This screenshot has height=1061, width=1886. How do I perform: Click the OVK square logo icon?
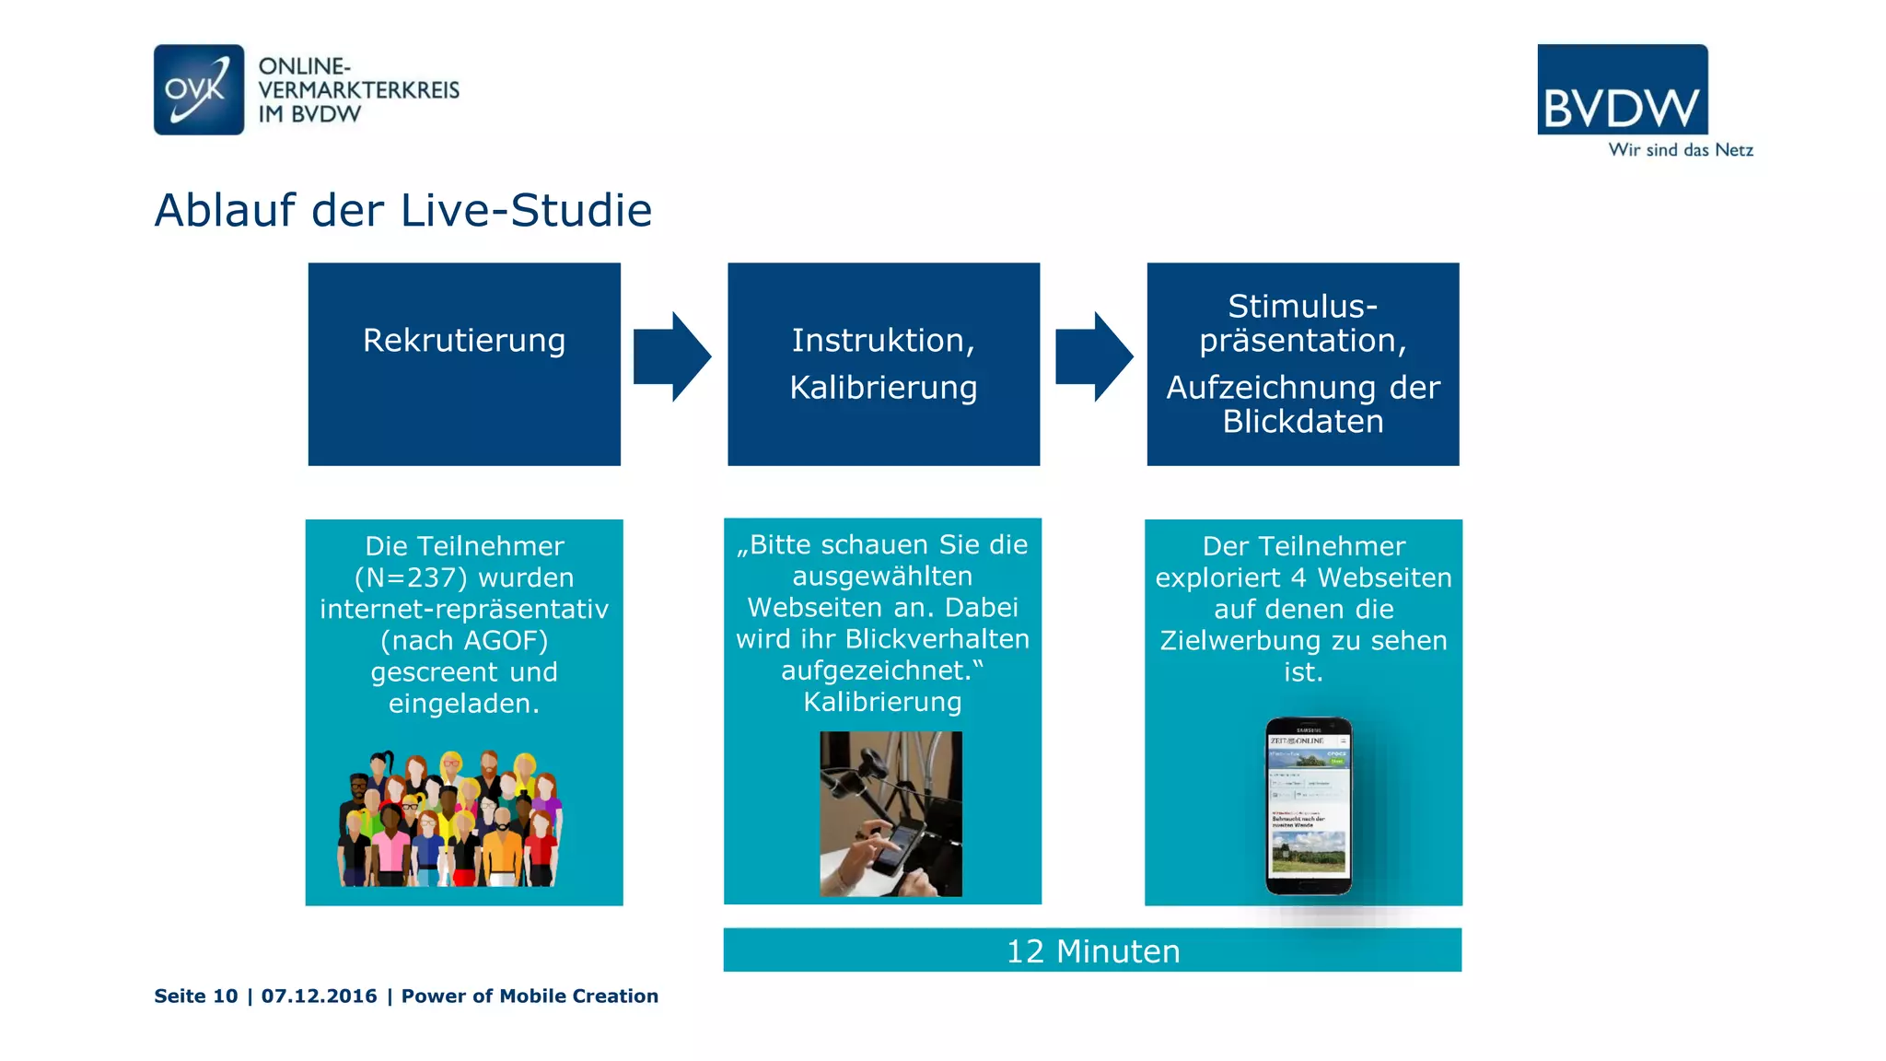(199, 89)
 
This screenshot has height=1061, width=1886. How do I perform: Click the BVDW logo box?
(1622, 90)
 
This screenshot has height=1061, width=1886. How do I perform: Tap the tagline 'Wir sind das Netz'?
(1680, 150)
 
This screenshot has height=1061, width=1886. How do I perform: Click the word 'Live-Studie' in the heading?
(526, 211)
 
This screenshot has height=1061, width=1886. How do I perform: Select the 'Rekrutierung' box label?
(464, 341)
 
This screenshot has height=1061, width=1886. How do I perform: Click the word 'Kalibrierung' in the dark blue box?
(883, 388)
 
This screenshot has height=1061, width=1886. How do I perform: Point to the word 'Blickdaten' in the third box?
(1302, 422)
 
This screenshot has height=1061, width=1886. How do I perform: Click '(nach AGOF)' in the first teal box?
(464, 641)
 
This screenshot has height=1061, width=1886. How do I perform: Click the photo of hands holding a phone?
(891, 813)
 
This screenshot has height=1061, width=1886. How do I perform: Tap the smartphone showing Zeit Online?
(1308, 806)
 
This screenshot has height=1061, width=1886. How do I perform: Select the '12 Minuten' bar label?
(1092, 951)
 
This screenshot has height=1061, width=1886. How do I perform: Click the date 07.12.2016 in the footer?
(319, 997)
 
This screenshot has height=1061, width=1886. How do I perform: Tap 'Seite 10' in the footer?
(195, 997)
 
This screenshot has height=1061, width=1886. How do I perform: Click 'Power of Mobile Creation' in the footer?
(530, 997)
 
